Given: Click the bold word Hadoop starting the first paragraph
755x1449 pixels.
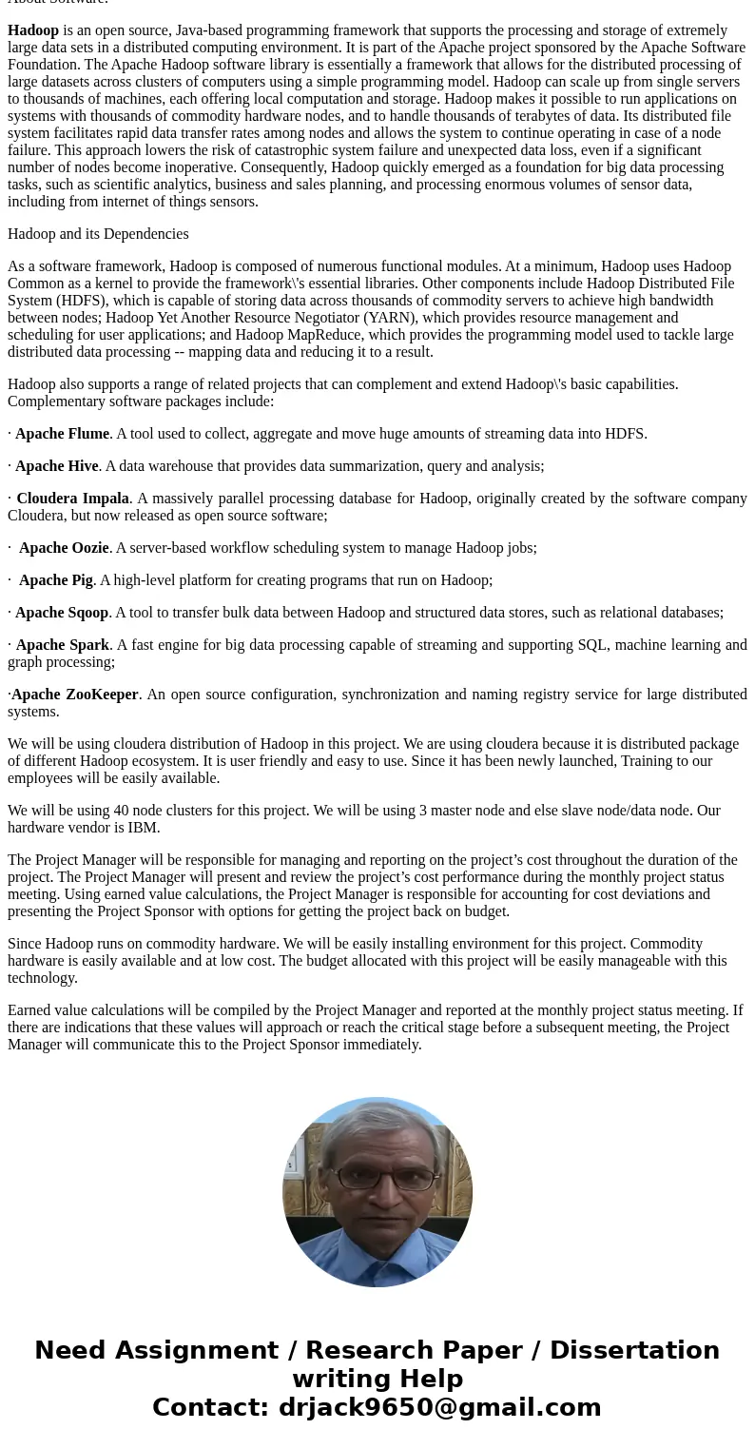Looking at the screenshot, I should click(33, 30).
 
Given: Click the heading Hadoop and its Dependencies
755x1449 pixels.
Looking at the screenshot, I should click(98, 234).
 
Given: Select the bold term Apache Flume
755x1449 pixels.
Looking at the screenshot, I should click(62, 434).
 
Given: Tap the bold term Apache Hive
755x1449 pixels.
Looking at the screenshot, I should click(56, 466).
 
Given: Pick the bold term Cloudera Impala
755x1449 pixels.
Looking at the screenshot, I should click(72, 499).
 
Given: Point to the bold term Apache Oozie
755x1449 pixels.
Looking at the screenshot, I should click(64, 548).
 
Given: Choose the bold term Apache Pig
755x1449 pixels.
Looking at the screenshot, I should click(56, 580).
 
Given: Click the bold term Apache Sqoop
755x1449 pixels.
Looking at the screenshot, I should click(62, 613).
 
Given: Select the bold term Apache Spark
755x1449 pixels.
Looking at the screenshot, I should click(62, 645).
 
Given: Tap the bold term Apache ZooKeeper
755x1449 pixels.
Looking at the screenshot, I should click(75, 695).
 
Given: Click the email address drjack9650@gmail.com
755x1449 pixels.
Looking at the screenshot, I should click(439, 1408).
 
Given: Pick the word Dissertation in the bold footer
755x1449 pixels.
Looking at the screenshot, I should click(634, 1351).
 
